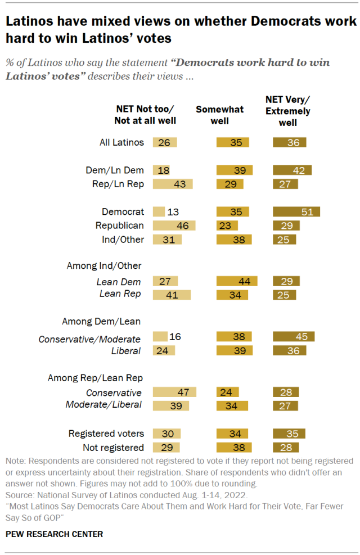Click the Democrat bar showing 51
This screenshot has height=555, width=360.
[296, 211]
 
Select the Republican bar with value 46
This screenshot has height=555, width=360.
[174, 225]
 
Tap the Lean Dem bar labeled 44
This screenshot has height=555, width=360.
[237, 281]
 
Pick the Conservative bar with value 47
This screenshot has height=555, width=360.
[174, 392]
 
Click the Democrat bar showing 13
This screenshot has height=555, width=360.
[159, 211]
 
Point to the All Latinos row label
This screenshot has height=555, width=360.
[121, 142]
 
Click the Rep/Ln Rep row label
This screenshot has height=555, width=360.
[118, 183]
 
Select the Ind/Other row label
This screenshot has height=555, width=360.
[123, 240]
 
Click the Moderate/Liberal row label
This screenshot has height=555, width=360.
[103, 405]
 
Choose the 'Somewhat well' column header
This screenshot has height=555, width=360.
[220, 114]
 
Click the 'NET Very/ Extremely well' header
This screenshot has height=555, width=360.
[287, 111]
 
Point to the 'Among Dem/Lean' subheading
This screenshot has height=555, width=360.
[101, 322]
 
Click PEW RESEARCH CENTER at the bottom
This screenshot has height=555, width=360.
[54, 534]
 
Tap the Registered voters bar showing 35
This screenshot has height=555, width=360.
[289, 434]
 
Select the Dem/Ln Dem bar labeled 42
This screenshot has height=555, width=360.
[292, 170]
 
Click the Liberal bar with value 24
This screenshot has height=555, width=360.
[164, 350]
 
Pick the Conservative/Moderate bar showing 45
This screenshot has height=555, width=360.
[294, 336]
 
